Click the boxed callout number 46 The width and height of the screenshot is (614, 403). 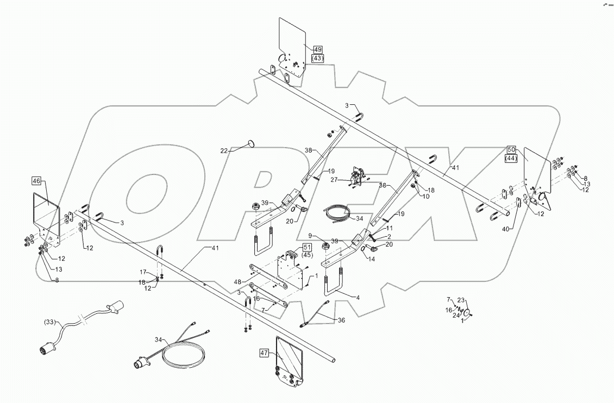point(36,181)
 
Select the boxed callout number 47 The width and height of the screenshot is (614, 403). point(265,352)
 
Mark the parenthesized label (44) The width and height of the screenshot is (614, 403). point(511,158)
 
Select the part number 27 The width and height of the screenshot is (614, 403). point(334,179)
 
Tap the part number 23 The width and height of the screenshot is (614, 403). point(461,300)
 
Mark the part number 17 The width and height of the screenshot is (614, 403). point(143,272)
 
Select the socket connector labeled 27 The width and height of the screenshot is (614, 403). point(356,177)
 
